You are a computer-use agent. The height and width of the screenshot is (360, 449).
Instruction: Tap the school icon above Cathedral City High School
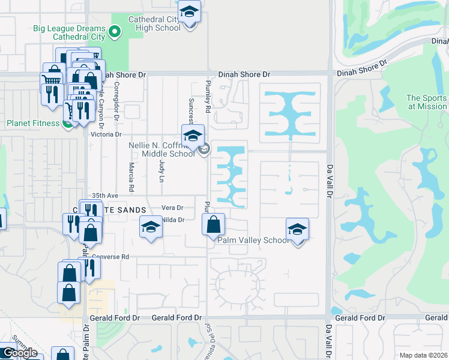(189, 13)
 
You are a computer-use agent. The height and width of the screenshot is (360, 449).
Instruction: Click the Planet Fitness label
(32, 123)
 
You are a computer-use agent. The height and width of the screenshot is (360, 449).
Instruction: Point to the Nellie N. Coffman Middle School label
(162, 149)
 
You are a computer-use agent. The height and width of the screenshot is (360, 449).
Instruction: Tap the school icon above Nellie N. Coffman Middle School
(193, 136)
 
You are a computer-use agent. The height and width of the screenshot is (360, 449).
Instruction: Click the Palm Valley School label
(253, 241)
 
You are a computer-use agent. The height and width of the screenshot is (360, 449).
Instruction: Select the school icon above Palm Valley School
(297, 230)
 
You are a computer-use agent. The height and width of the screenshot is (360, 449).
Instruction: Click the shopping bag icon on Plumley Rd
(213, 226)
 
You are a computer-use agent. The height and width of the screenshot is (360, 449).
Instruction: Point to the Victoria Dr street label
(106, 135)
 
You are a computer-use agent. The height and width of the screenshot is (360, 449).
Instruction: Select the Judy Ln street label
(161, 171)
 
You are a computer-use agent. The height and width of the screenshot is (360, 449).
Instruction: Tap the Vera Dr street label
(172, 208)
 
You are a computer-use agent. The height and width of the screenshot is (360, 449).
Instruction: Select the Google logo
(19, 353)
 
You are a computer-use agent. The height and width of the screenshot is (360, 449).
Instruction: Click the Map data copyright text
(423, 355)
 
